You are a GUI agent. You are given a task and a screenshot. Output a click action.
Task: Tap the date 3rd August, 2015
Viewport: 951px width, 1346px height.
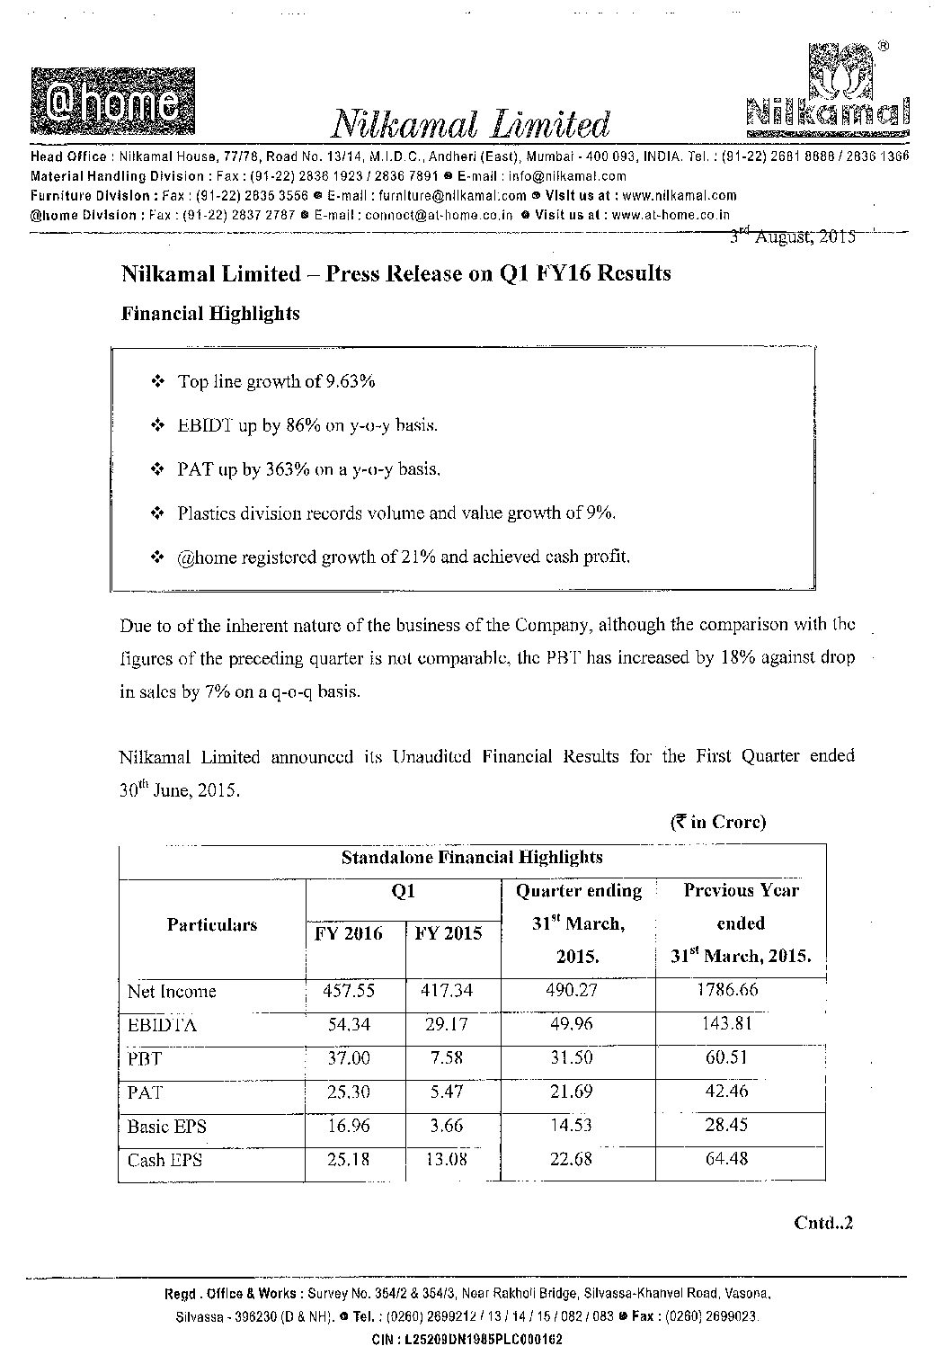coord(792,236)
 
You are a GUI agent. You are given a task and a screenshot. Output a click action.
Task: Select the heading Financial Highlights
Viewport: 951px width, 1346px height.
coord(210,314)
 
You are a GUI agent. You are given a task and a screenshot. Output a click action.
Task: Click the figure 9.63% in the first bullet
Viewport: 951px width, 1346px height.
coord(351,381)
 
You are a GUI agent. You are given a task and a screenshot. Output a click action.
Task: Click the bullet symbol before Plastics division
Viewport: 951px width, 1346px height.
coord(158,513)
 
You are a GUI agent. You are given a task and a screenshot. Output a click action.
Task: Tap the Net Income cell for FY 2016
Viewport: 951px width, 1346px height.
coord(348,991)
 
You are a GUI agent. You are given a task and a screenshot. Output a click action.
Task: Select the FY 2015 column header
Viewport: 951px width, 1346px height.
coord(448,932)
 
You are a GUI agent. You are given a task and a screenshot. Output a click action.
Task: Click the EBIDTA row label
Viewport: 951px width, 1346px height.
coord(162,1024)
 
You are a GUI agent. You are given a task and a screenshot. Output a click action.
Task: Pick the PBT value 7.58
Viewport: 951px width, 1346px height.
coord(447,1057)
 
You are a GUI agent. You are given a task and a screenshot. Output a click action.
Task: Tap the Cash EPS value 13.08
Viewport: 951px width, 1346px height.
coord(447,1159)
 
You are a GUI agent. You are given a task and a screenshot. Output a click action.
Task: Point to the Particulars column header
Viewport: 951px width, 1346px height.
coord(212,924)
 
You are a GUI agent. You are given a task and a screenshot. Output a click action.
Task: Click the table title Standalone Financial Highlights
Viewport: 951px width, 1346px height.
coord(472,858)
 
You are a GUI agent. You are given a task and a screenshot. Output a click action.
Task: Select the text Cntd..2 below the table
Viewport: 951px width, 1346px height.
coord(822,1223)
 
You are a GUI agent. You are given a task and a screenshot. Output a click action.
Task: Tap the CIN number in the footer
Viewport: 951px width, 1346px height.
coord(467,1339)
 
